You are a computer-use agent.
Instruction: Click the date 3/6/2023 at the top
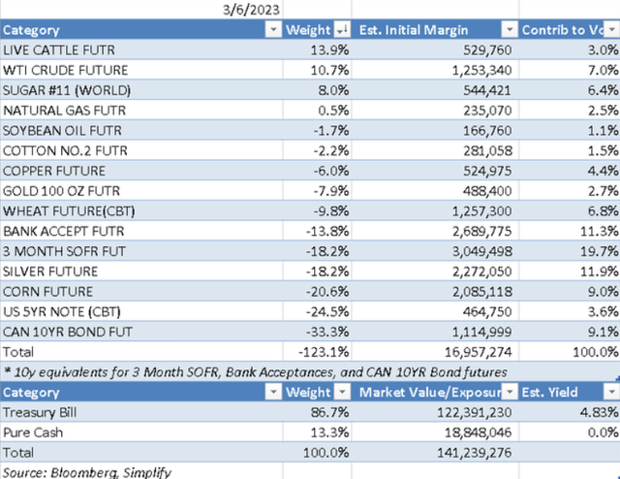(248, 11)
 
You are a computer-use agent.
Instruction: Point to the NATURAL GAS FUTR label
(57, 110)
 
